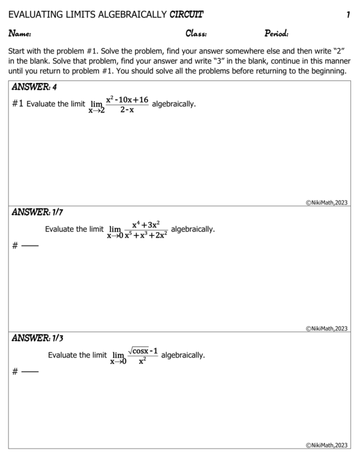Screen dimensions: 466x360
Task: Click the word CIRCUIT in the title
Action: point(186,14)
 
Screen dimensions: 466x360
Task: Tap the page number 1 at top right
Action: point(347,14)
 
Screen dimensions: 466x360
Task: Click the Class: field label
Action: point(196,34)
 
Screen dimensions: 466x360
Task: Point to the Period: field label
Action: point(276,34)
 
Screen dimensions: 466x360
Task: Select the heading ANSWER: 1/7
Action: point(37,212)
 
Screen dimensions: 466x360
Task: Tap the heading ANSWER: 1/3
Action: point(37,338)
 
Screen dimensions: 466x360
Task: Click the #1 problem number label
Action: point(17,104)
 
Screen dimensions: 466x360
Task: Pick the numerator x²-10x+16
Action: point(127,99)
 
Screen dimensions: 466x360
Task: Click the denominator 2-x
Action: point(127,110)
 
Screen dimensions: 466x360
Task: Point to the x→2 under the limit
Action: point(96,111)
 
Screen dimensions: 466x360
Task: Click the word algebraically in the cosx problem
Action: point(183,355)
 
